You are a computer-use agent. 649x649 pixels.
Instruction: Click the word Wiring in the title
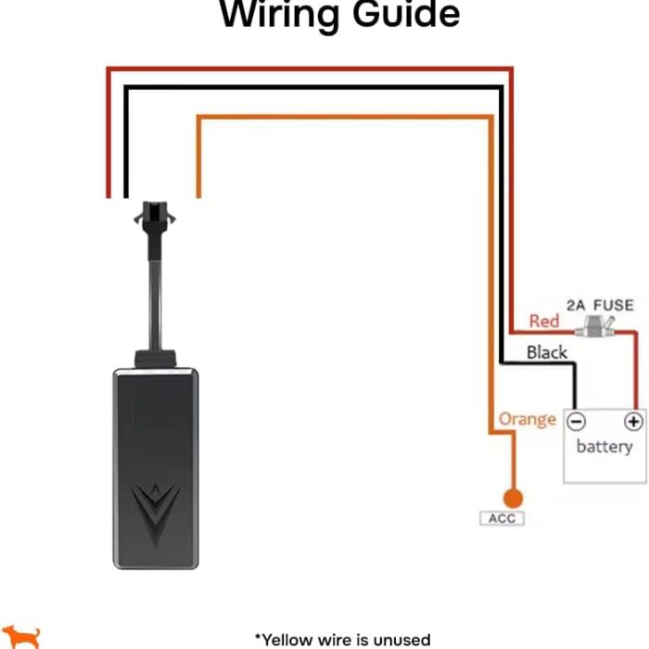click(278, 15)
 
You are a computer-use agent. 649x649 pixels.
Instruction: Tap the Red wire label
click(544, 321)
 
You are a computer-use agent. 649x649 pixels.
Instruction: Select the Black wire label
click(546, 352)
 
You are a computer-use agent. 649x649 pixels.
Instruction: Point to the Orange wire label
click(527, 419)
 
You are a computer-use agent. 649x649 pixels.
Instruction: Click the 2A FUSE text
click(600, 305)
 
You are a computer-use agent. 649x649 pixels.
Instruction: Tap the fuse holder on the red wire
click(595, 327)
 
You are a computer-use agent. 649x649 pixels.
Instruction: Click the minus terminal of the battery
click(576, 422)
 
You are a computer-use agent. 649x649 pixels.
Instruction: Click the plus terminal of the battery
click(633, 422)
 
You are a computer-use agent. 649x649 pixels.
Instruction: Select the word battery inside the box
click(604, 447)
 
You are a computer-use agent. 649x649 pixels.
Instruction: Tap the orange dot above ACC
click(511, 499)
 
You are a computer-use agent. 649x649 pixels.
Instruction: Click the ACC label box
click(502, 518)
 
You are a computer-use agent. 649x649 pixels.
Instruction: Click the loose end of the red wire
click(109, 193)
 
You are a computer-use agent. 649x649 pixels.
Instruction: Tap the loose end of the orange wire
click(198, 193)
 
